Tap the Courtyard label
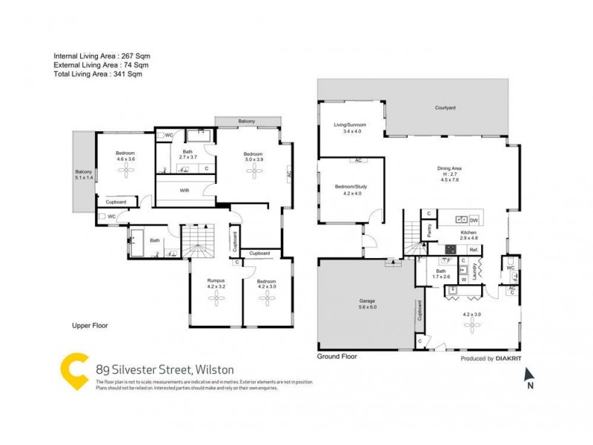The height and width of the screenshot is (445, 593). (445, 108)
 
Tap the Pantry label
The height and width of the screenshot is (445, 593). (429, 230)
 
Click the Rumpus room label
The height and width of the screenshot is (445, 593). (216, 280)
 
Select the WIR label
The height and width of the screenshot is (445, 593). (185, 190)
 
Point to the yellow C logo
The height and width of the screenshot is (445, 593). (74, 371)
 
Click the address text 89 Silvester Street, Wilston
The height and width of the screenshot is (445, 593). (165, 369)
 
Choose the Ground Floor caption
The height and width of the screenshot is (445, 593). (337, 357)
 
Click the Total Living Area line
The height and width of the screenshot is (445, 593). (97, 74)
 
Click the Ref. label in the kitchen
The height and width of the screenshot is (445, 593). (472, 250)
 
